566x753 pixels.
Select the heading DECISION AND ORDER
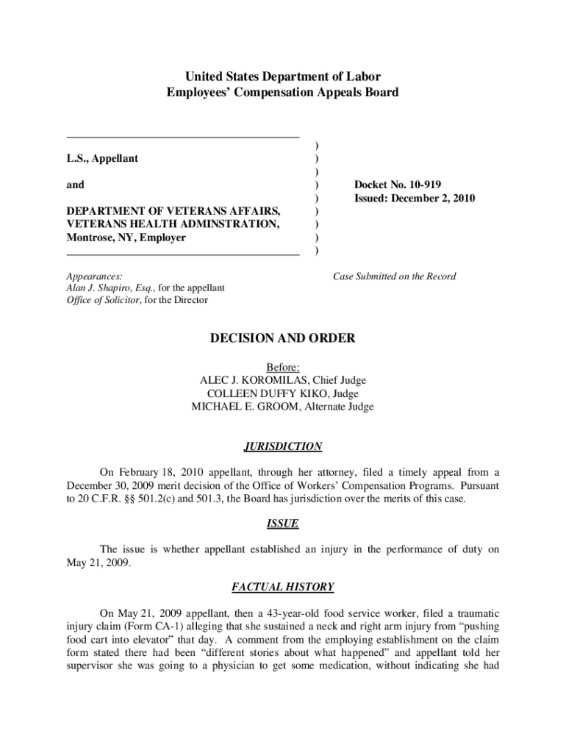[282, 338]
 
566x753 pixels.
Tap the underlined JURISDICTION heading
[282, 446]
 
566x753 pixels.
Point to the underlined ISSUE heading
[282, 524]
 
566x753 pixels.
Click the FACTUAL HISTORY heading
[282, 587]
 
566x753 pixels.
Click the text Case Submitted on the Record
[394, 276]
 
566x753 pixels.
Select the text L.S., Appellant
[102, 158]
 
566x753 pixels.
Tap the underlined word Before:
[282, 367]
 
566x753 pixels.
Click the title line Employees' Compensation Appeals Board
[282, 93]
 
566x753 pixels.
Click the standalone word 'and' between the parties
[75, 185]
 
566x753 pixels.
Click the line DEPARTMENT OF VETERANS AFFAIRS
[173, 212]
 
